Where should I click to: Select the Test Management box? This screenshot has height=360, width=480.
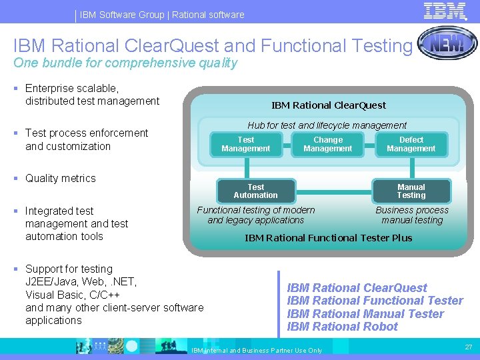pos(246,144)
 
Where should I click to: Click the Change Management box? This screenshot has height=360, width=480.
pos(327,144)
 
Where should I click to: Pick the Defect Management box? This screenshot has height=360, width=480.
pos(411,144)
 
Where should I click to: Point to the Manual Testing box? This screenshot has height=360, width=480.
pos(411,191)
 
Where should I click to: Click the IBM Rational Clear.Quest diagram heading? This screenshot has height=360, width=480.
pos(328,105)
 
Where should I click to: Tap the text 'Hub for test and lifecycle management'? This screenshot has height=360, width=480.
pos(327,125)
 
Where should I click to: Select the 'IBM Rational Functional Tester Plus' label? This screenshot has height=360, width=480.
pos(328,238)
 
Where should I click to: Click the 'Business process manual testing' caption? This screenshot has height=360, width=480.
pos(412,215)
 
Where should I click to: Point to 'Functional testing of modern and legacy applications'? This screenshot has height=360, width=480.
pos(256,215)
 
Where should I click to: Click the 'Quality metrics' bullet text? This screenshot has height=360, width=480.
pos(60,179)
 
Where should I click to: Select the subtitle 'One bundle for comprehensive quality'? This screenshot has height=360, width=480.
pos(125,63)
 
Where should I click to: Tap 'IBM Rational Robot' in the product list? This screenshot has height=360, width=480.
pos(342,327)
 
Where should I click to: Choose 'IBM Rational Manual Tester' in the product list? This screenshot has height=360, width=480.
pos(365,314)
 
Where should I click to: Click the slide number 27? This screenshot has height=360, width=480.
pos(467,347)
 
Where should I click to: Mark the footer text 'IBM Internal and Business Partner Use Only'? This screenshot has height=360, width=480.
pos(257,351)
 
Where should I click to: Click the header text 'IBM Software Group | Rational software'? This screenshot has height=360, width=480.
pos(162,15)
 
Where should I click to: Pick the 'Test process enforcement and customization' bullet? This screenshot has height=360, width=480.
pos(86,139)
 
